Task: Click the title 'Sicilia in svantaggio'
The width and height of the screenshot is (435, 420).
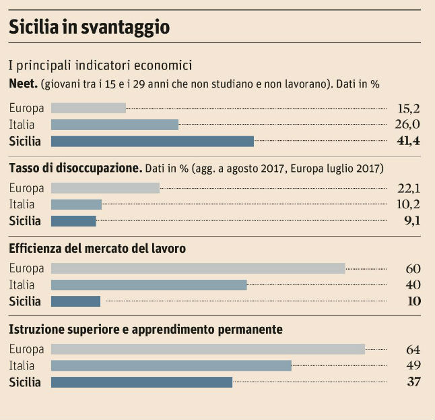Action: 89,27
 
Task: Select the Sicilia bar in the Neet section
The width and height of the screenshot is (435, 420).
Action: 152,141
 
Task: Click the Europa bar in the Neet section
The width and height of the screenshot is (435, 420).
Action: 88,108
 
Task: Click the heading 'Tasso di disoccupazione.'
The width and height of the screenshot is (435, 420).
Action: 75,168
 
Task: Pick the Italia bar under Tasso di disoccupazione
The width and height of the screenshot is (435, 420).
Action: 76,204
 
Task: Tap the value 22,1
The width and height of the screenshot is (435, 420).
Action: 408,187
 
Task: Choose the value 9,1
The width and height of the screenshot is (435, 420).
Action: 411,220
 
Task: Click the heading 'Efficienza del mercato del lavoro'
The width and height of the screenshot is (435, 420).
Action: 97,249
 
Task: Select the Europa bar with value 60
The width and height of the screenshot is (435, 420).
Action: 198,268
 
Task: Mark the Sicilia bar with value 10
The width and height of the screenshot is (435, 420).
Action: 75,301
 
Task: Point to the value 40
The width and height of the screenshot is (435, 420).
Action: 413,285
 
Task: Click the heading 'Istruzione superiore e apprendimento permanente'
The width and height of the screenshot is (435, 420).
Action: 145,330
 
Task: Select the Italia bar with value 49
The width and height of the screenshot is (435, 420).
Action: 171,365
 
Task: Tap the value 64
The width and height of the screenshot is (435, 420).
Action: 413,349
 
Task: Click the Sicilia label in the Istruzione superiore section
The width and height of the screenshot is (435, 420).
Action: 25,382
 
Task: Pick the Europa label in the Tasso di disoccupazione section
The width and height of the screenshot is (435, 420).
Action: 27,188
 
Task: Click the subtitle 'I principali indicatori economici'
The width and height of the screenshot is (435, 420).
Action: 100,66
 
